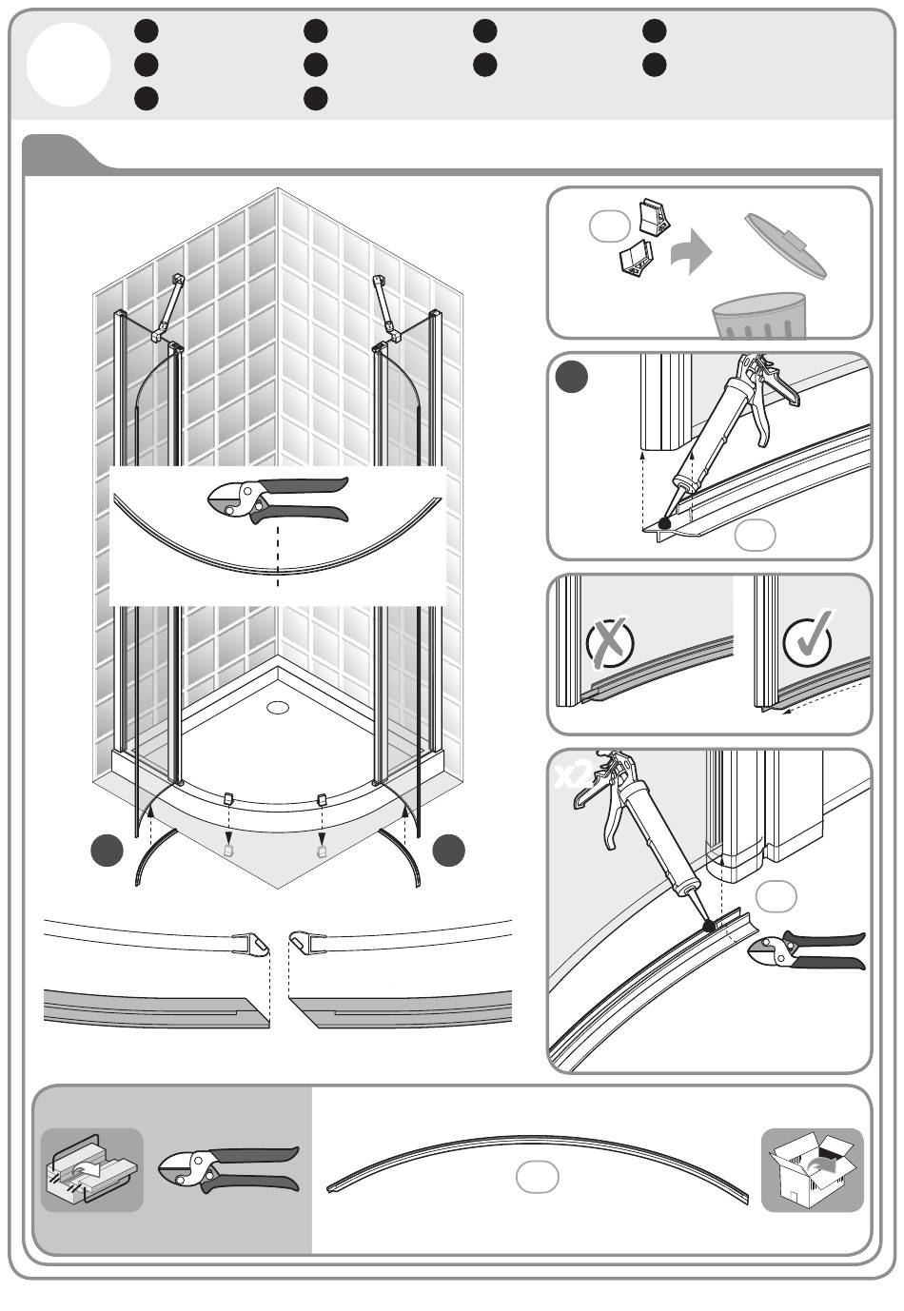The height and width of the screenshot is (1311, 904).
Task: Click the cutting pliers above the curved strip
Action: click(278, 499)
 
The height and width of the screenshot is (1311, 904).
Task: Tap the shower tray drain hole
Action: click(278, 707)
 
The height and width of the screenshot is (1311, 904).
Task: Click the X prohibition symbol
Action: click(610, 642)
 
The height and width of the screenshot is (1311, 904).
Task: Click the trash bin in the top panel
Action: click(758, 315)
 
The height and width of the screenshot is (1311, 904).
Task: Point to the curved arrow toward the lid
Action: click(691, 252)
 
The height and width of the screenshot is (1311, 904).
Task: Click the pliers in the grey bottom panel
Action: click(228, 1170)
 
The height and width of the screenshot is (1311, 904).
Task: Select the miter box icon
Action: click(92, 1170)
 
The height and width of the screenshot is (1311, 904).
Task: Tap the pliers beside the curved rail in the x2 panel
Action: click(806, 953)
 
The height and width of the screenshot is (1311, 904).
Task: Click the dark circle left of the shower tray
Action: click(108, 850)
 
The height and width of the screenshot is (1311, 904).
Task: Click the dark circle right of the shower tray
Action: click(448, 850)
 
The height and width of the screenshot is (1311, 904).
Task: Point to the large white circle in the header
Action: click(69, 65)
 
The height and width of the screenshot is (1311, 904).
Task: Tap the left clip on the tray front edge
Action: click(228, 798)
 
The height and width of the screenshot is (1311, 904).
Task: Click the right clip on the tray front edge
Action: click(321, 799)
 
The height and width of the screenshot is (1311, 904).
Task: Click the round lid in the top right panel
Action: click(785, 245)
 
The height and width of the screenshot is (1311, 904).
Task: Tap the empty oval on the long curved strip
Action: click(537, 1177)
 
